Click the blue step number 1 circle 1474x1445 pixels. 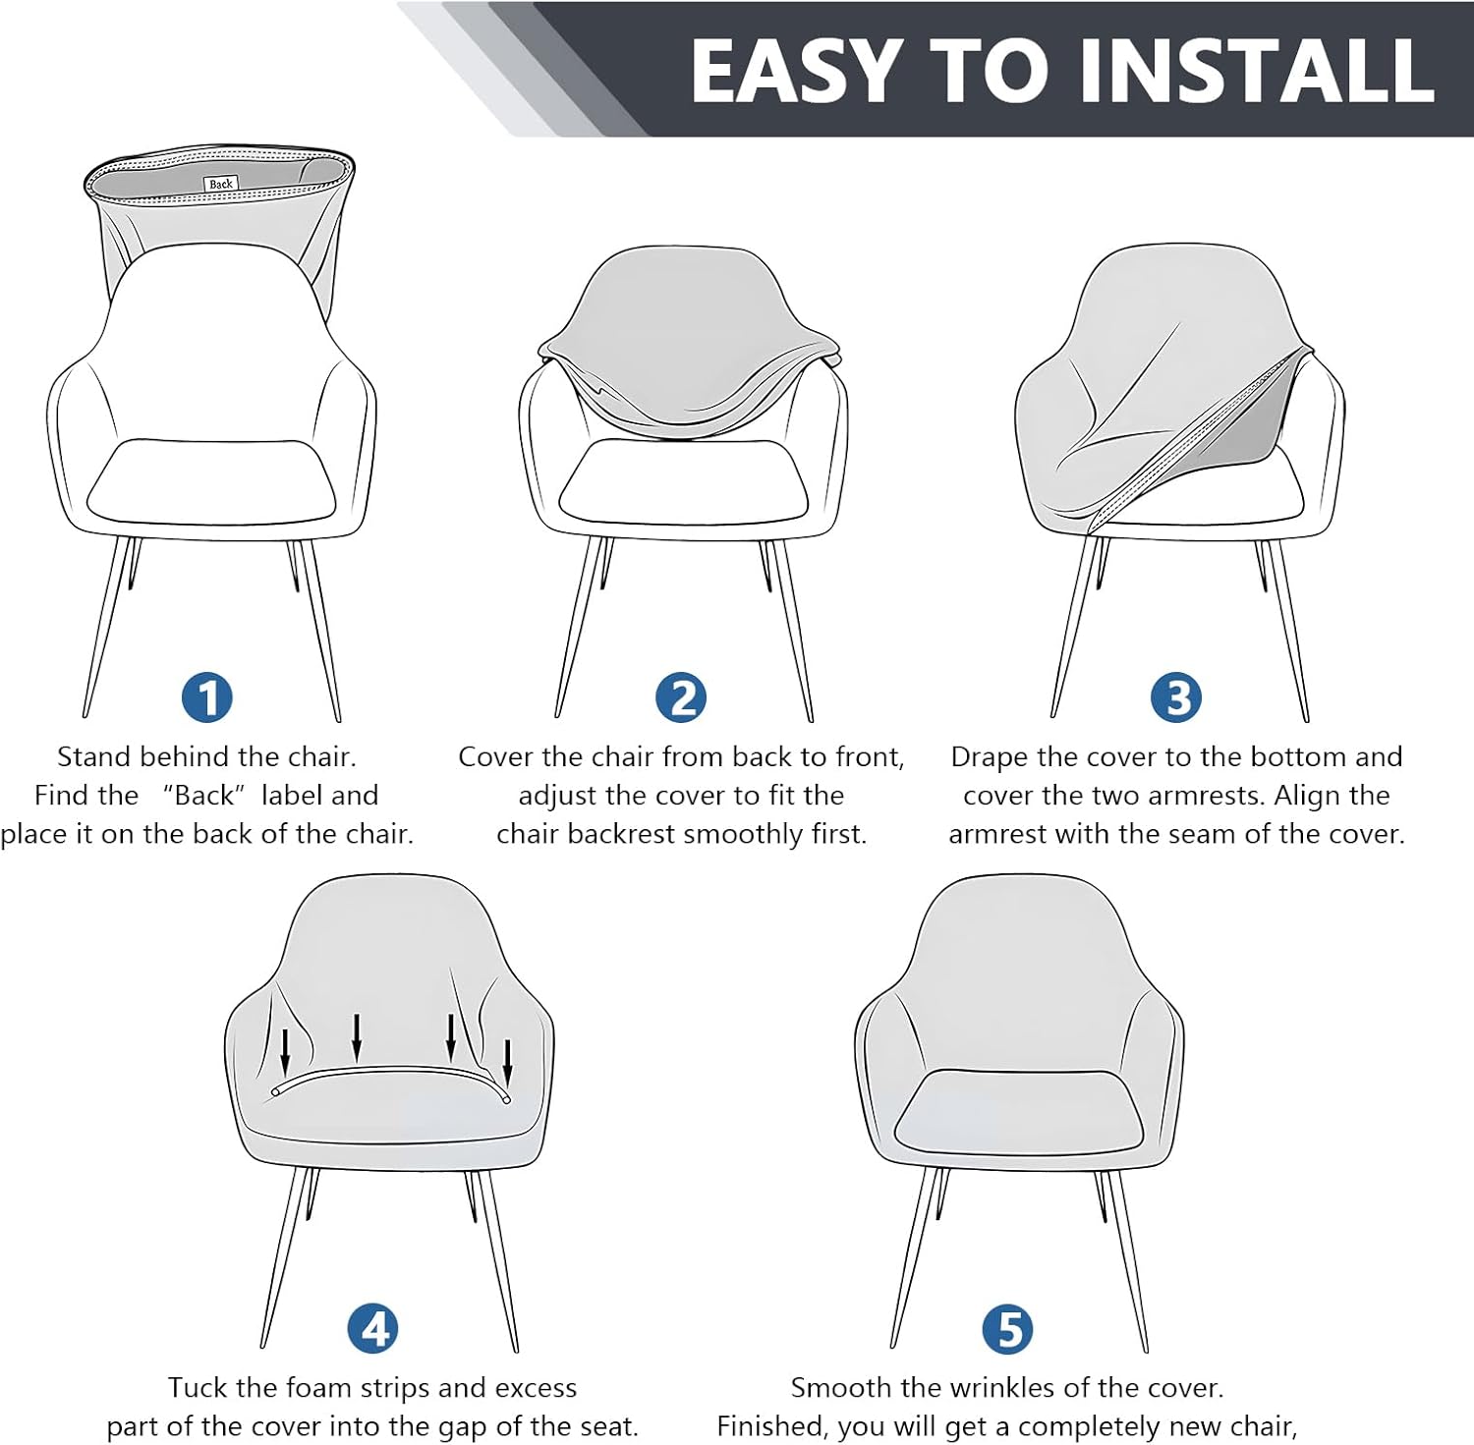(x=207, y=697)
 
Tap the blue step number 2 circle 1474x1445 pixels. (x=681, y=697)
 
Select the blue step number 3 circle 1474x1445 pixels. (x=1176, y=697)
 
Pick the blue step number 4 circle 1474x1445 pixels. (x=373, y=1329)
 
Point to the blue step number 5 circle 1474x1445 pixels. (x=1008, y=1329)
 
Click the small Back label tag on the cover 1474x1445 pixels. (x=221, y=184)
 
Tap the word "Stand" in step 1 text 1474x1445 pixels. (x=94, y=756)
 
